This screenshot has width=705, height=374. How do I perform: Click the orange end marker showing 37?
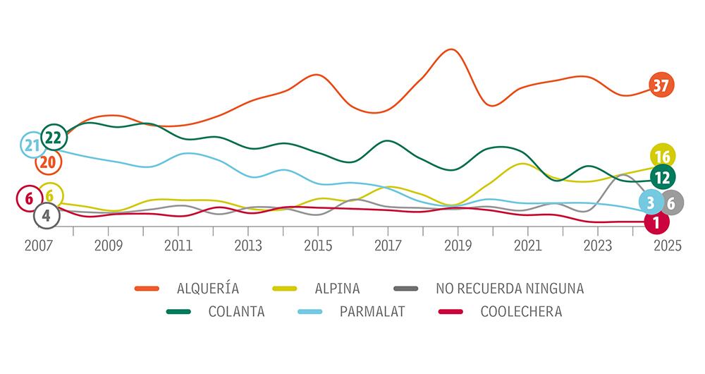[x=661, y=85]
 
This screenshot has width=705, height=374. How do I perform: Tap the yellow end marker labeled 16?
[x=662, y=157]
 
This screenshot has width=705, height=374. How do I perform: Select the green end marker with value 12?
[x=662, y=177]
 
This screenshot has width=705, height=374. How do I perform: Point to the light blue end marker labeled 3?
[x=651, y=203]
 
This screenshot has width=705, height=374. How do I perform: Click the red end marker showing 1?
[x=656, y=223]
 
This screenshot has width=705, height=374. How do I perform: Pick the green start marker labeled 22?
[x=54, y=137]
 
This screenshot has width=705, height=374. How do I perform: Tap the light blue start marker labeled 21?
[x=31, y=145]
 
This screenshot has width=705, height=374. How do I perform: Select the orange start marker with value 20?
[x=49, y=162]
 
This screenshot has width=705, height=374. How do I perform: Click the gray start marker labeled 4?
[x=47, y=215]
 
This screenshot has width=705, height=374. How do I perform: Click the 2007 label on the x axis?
[x=39, y=246]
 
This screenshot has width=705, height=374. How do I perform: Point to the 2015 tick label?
[x=318, y=246]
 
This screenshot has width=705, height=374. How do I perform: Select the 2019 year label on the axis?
[x=458, y=246]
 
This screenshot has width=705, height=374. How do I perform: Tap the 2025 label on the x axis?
[x=667, y=246]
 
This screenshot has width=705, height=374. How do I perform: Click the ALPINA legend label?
[x=338, y=288]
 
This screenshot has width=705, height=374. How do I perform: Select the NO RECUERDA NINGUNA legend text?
[x=510, y=288]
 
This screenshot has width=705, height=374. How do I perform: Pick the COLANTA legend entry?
[x=236, y=311]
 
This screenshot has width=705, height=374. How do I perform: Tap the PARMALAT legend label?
[x=373, y=311]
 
